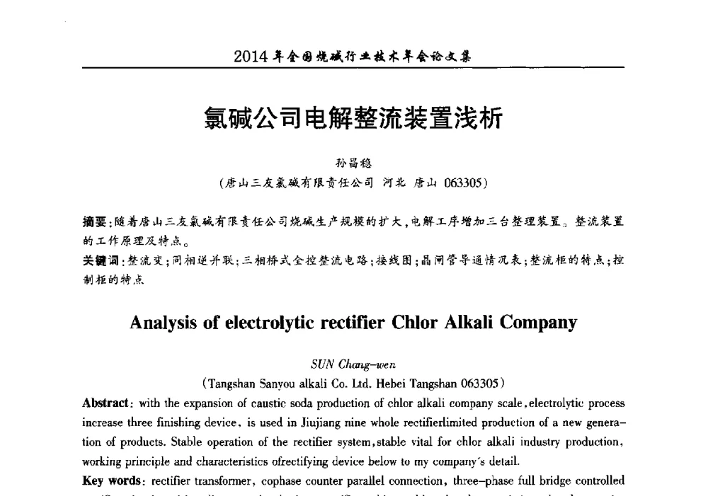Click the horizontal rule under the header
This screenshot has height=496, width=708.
point(353,68)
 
